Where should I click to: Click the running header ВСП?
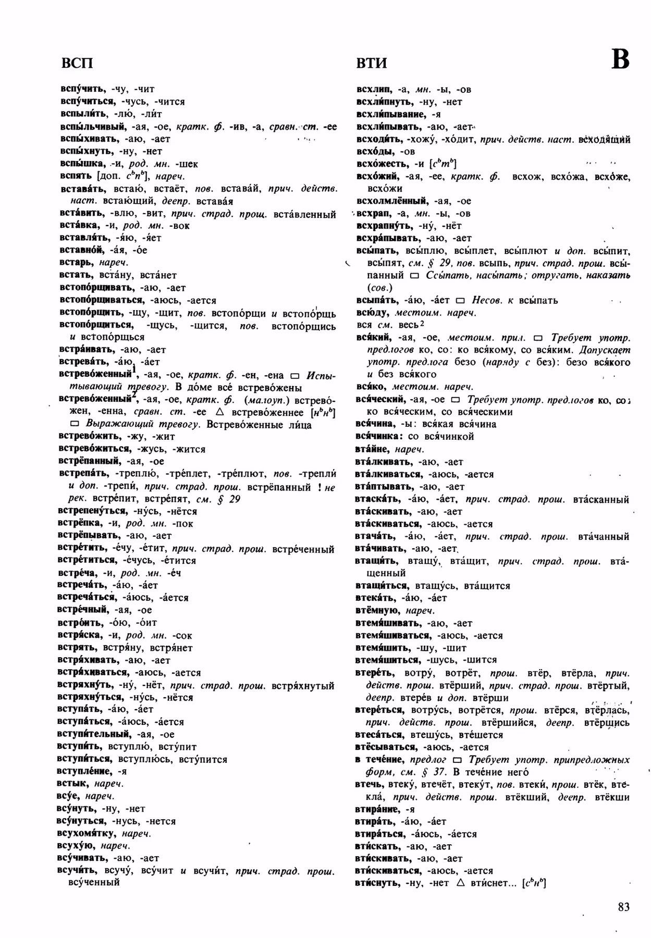[x=77, y=63]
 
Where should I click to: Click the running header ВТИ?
[x=372, y=63]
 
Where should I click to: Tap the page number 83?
[x=623, y=907]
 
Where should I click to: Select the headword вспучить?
[x=82, y=89]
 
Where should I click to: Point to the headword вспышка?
[x=81, y=164]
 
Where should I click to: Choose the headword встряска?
[x=79, y=635]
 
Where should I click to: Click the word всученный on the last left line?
[x=94, y=882]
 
